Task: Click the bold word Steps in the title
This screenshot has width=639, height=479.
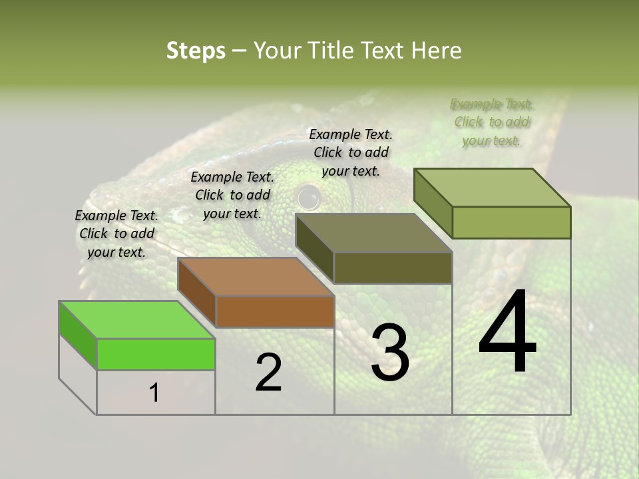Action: (x=196, y=51)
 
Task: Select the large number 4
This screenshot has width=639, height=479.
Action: (x=507, y=332)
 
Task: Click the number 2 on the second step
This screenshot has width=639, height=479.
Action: (x=268, y=373)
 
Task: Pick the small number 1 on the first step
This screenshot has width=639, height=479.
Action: (x=154, y=393)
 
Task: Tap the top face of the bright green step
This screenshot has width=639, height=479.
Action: (x=137, y=319)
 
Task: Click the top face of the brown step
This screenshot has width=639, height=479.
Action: (x=256, y=276)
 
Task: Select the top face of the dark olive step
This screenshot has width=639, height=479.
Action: (x=373, y=233)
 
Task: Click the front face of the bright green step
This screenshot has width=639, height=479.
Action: (x=156, y=354)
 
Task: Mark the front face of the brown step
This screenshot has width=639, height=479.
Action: (x=275, y=311)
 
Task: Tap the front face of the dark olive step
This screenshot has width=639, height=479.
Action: (x=393, y=268)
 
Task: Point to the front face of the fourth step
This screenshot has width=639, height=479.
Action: (x=511, y=222)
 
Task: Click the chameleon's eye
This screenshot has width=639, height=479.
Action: (x=308, y=197)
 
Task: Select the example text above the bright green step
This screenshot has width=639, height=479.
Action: (x=116, y=234)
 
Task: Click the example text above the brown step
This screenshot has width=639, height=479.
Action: (x=232, y=195)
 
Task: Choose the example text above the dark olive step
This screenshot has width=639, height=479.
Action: (x=351, y=152)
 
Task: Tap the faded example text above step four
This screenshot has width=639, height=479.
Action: (x=492, y=122)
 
